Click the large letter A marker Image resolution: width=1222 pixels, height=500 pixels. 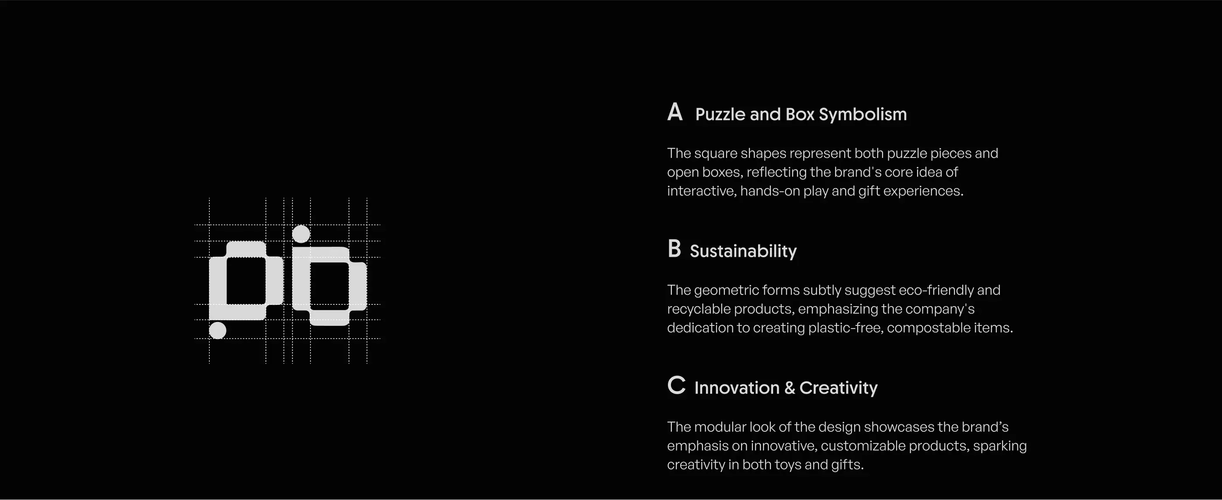click(675, 112)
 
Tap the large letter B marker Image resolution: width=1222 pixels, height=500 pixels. click(674, 249)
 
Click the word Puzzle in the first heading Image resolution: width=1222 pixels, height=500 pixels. click(720, 114)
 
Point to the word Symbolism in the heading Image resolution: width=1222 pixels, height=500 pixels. click(863, 114)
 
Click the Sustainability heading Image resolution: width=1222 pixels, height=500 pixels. click(743, 251)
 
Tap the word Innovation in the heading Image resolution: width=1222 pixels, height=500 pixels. click(737, 388)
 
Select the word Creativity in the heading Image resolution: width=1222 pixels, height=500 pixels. click(838, 388)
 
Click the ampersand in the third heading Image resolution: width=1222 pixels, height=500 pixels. click(789, 388)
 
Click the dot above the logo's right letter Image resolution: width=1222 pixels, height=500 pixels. click(301, 234)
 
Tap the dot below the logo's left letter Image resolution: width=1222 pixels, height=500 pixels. click(218, 330)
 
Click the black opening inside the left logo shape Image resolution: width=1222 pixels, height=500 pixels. click(246, 281)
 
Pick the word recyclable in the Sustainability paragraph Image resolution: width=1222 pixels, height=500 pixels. click(699, 309)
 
